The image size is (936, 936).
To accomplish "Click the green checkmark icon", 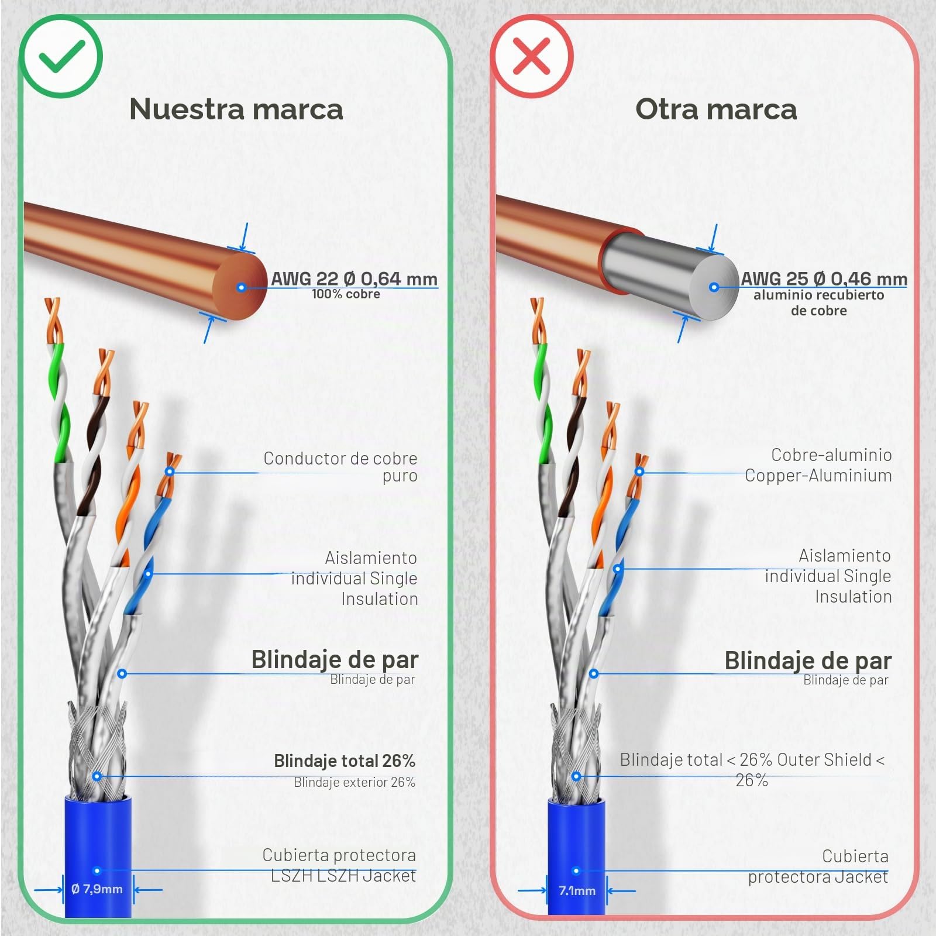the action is [x=61, y=56].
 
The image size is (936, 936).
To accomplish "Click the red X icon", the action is [x=531, y=56].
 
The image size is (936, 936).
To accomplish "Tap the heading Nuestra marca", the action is [x=236, y=109].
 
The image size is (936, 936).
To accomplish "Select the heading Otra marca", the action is [x=716, y=109].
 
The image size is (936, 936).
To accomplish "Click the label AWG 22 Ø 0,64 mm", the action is [x=354, y=278].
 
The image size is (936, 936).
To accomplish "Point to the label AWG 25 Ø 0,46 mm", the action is [x=824, y=278].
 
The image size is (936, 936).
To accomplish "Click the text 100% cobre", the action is [x=346, y=294].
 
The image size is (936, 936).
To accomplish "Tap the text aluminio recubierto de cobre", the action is [x=818, y=302].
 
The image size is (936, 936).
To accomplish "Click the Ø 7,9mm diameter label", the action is [x=97, y=889].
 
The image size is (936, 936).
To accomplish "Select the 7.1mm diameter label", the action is [x=577, y=890].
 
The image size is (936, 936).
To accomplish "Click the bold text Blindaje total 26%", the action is [x=345, y=760].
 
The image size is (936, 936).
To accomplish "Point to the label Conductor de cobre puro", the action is [x=340, y=467].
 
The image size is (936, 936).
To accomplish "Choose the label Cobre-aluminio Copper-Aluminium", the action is [x=818, y=465].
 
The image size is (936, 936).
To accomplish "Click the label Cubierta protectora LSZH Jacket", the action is [x=339, y=865].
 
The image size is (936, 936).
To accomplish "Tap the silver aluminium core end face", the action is [x=714, y=287].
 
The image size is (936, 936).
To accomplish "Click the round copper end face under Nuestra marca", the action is [x=240, y=287].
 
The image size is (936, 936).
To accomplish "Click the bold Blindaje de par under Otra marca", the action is [x=808, y=660].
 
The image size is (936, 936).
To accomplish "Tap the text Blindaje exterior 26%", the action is [x=355, y=782].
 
